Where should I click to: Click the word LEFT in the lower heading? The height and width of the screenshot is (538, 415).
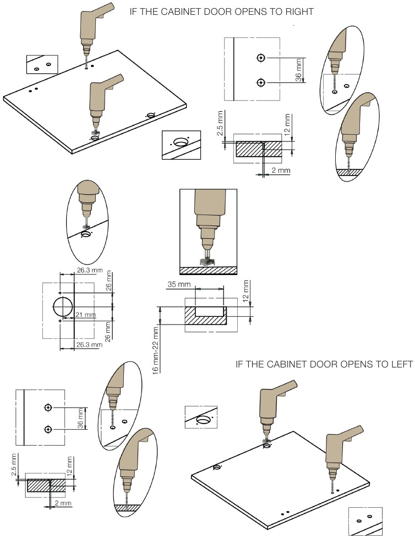[397, 364]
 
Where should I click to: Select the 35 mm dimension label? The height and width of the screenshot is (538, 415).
[179, 285]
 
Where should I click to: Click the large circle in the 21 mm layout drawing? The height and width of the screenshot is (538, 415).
[63, 307]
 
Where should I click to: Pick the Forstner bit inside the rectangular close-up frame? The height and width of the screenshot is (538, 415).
[207, 259]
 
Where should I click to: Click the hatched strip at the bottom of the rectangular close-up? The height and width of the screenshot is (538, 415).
[209, 270]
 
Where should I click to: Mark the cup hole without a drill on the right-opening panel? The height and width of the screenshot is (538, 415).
[150, 114]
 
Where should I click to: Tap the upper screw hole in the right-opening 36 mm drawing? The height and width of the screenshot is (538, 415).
[261, 58]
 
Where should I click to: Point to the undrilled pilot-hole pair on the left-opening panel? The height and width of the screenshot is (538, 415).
[285, 513]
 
